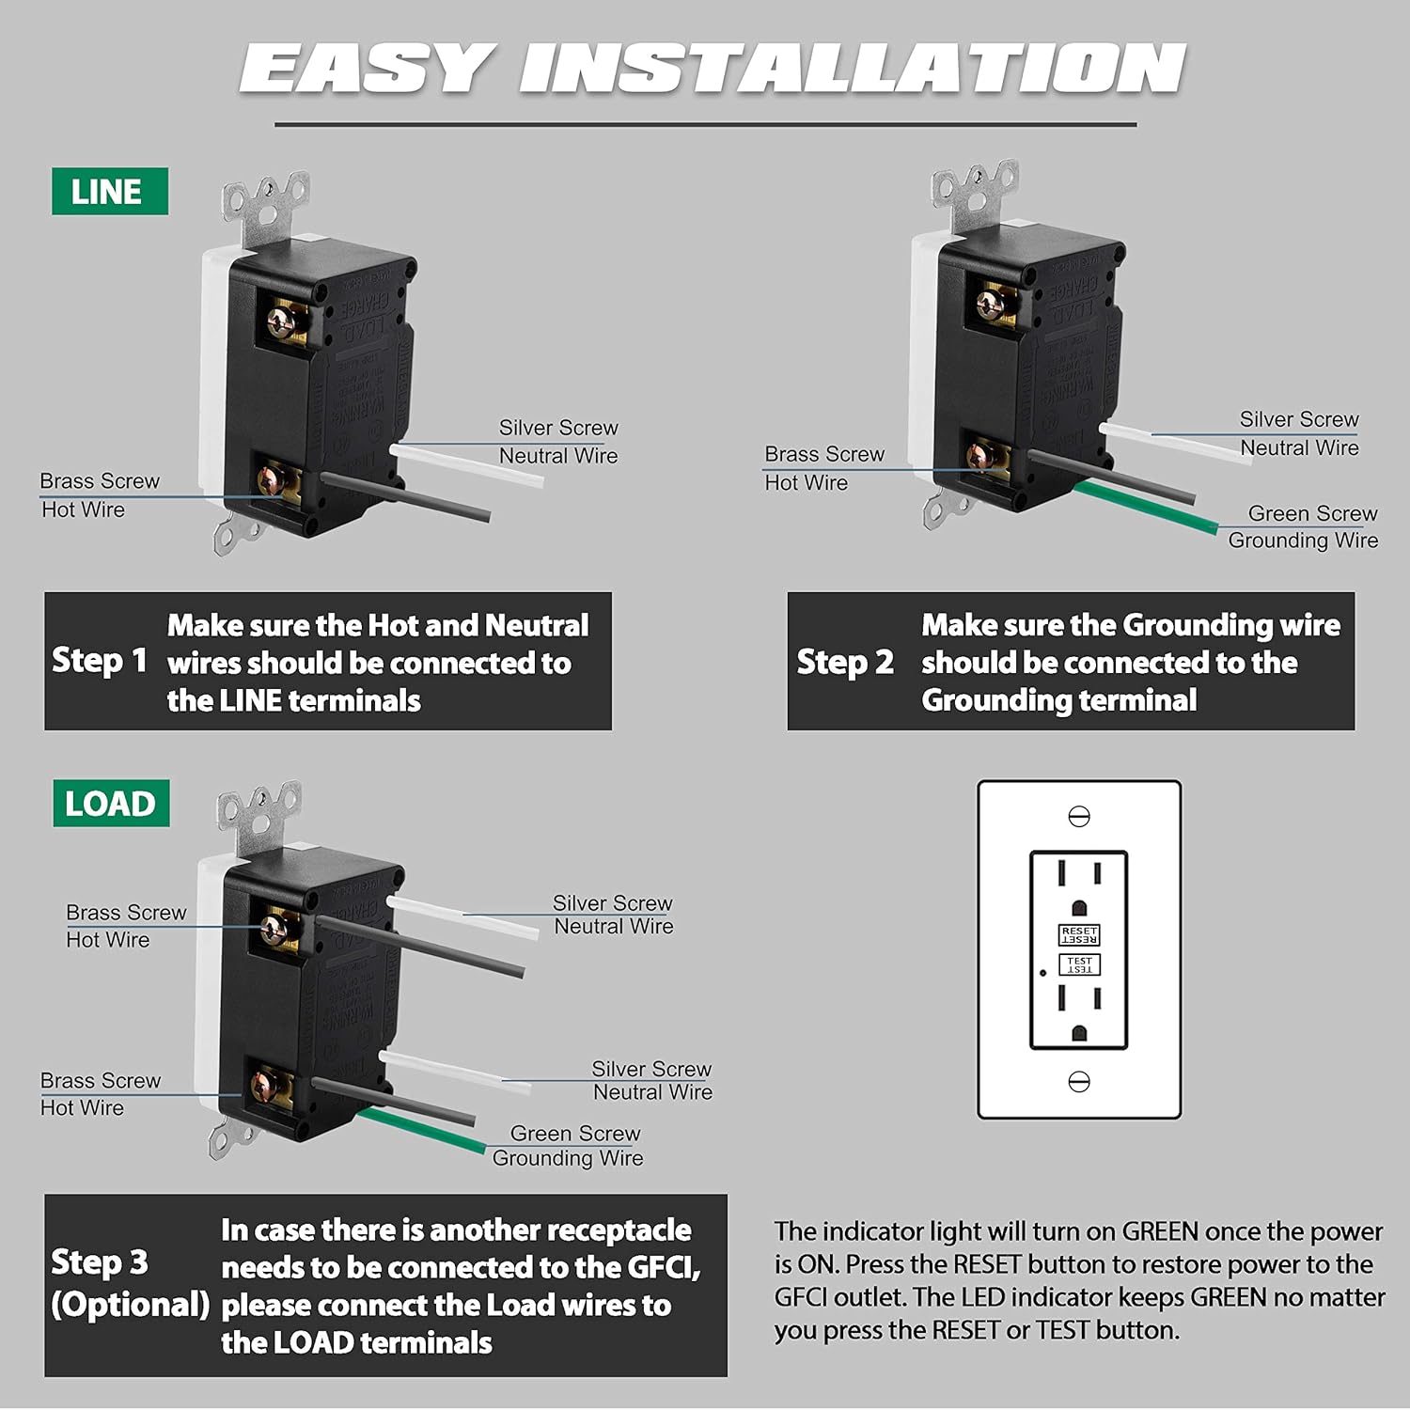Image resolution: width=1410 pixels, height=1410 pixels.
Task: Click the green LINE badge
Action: [x=109, y=192]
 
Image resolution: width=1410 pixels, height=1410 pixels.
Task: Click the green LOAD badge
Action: [x=111, y=804]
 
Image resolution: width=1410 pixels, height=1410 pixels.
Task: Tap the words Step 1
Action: [x=100, y=661]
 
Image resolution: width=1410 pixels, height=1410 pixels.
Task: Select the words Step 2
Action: [x=844, y=662]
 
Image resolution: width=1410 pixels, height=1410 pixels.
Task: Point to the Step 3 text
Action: [x=100, y=1262]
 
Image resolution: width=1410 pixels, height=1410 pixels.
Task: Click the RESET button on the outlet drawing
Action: [x=1078, y=934]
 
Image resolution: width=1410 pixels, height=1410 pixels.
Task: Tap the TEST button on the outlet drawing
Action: [x=1078, y=965]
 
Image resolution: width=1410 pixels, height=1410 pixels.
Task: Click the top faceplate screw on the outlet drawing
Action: [x=1078, y=816]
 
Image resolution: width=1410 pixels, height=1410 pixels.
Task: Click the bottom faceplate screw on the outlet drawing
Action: [x=1078, y=1082]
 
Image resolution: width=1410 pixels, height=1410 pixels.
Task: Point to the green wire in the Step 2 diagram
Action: [x=1147, y=508]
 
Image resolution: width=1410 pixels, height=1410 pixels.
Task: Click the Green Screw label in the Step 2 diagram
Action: [x=1312, y=513]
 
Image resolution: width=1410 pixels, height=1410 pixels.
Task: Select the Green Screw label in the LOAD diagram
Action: [x=574, y=1134]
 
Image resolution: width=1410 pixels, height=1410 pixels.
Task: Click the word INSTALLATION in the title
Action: [x=851, y=69]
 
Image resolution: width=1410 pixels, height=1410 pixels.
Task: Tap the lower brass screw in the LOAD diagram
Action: [x=265, y=1086]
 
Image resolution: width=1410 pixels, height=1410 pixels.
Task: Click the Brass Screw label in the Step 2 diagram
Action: [x=824, y=454]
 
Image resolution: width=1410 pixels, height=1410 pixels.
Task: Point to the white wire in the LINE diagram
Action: [x=470, y=466]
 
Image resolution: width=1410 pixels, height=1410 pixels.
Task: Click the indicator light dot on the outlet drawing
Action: [x=1042, y=973]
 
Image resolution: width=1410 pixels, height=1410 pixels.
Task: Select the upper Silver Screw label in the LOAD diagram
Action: [x=612, y=903]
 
